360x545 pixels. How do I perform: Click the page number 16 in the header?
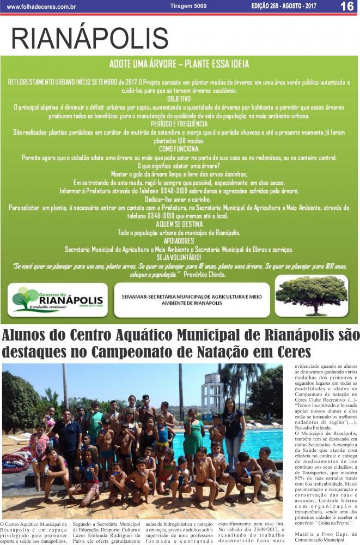coord(347,7)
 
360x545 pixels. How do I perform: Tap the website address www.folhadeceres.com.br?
coord(41,7)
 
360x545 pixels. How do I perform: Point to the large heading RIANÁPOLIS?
coord(90,38)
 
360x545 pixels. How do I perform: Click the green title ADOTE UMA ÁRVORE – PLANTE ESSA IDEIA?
coord(179,64)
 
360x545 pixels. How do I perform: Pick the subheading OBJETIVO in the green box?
coord(179,99)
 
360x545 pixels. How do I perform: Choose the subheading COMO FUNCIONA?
coord(179,149)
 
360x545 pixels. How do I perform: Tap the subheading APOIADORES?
coord(179,240)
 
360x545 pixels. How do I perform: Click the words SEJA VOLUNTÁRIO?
coord(179,257)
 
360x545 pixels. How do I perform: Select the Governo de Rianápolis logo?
coord(58,300)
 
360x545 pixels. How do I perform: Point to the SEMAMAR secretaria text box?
coord(192,300)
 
